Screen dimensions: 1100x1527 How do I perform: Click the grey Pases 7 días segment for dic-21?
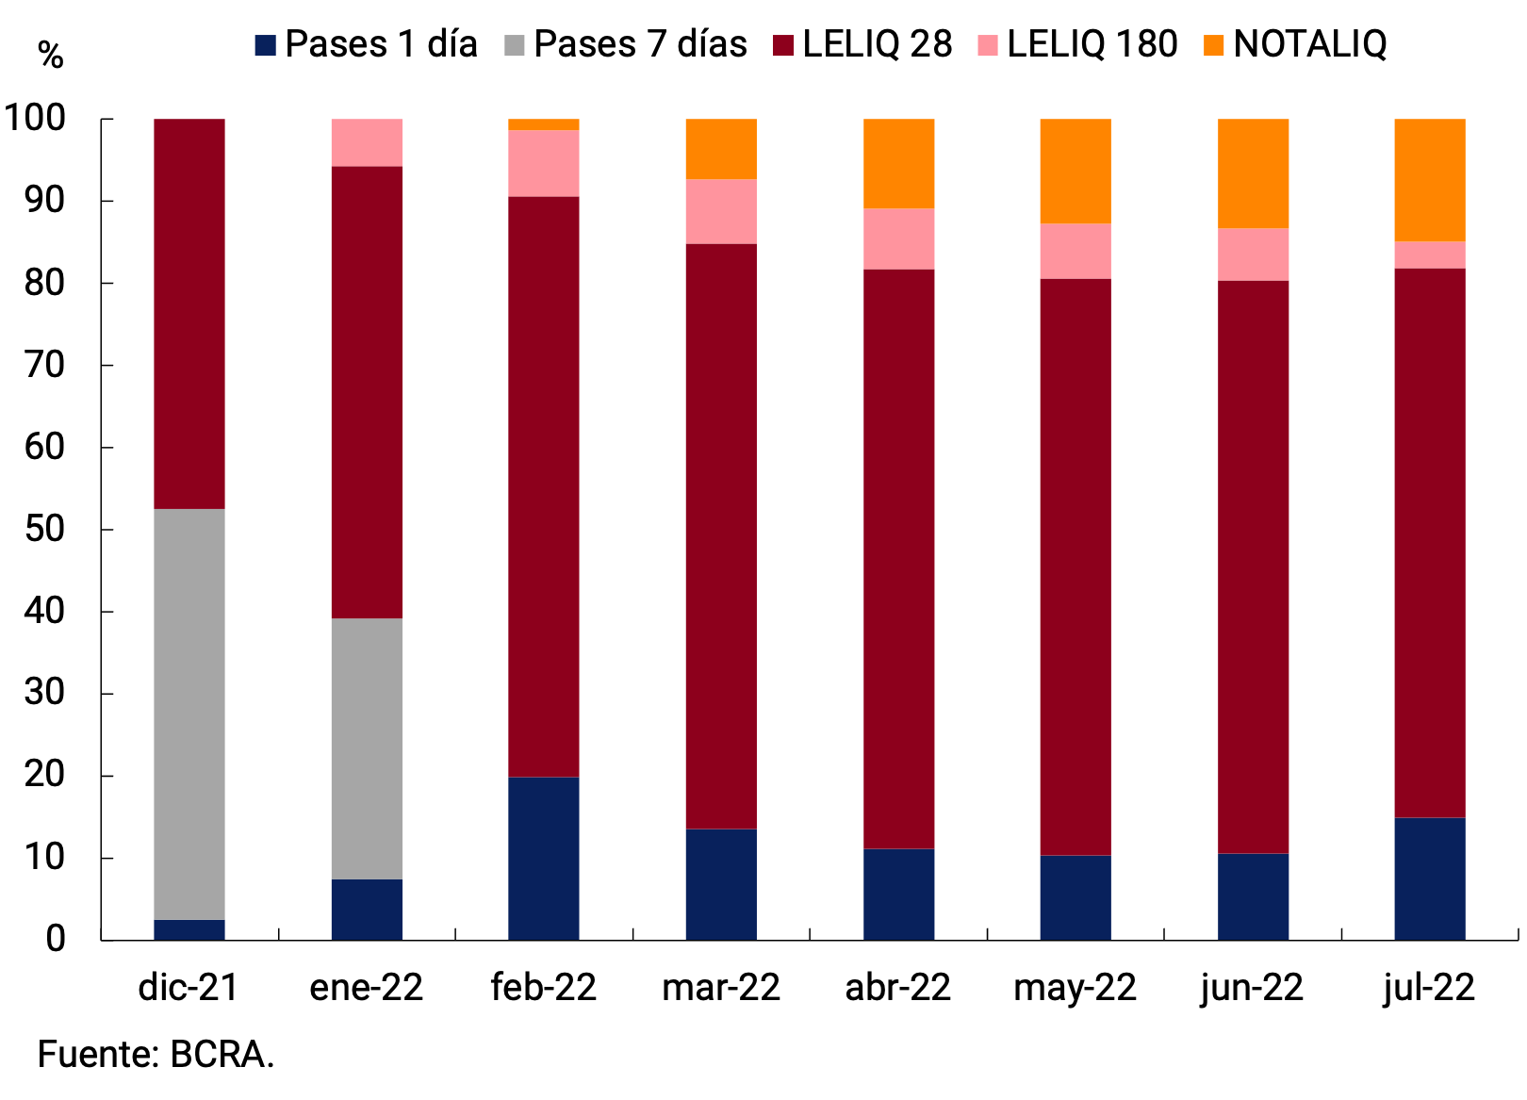click(189, 714)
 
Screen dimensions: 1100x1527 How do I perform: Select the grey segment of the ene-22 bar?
click(367, 748)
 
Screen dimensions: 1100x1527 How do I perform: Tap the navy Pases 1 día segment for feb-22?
click(543, 858)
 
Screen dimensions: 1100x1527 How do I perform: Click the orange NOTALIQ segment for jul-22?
click(1429, 180)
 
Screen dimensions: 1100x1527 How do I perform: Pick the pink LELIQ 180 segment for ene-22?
click(367, 143)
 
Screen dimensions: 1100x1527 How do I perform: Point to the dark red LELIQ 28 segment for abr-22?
click(898, 559)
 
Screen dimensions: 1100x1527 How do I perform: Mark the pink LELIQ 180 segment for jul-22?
click(1429, 255)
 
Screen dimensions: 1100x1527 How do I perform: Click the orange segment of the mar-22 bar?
click(721, 149)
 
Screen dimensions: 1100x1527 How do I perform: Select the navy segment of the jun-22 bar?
click(1253, 896)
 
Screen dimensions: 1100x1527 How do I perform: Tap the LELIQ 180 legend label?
click(1092, 44)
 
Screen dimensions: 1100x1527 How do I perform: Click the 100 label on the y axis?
click(36, 119)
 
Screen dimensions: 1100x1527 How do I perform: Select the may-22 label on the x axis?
click(1075, 988)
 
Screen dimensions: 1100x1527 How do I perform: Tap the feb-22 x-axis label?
click(543, 988)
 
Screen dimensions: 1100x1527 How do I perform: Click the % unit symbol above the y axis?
click(50, 56)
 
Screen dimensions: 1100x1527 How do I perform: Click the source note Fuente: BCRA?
click(156, 1054)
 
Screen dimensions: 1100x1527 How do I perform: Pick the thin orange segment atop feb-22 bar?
click(543, 124)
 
